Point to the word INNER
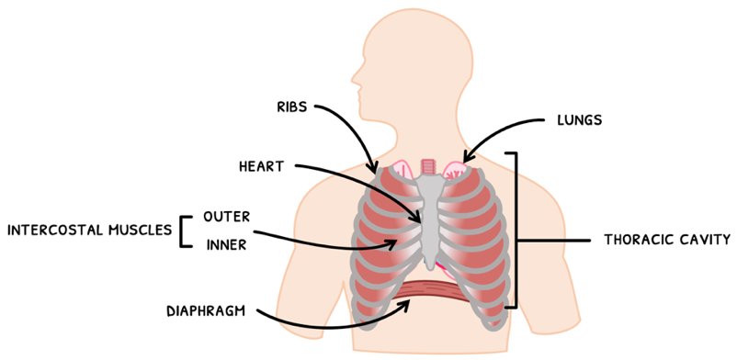(x=226, y=244)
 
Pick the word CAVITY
(x=704, y=241)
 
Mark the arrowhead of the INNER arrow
(x=397, y=243)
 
